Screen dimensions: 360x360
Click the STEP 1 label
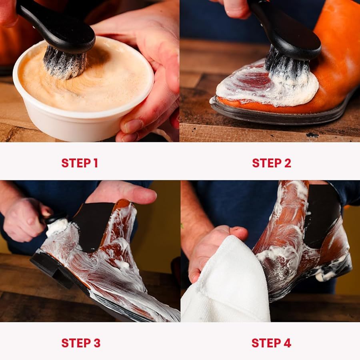click(80, 163)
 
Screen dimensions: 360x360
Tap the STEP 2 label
click(271, 163)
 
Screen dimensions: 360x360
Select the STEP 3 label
click(81, 343)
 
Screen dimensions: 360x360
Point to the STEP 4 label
click(271, 343)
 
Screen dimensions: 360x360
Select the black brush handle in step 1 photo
click(56, 24)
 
